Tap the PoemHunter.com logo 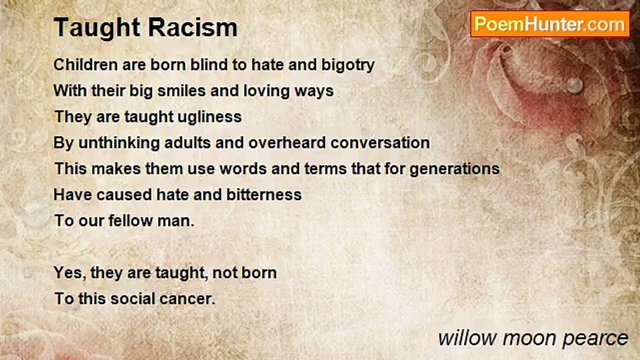click(x=549, y=23)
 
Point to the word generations click(x=454, y=168)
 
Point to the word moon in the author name click(x=526, y=338)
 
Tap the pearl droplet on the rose click(x=575, y=84)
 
